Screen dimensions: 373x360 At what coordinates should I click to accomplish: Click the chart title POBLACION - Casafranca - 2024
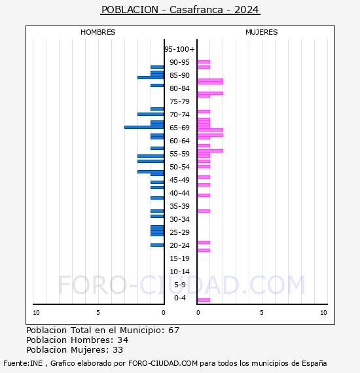[180, 10]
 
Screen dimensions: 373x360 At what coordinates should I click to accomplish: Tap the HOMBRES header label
[98, 32]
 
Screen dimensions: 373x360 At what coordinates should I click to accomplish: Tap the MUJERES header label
[261, 32]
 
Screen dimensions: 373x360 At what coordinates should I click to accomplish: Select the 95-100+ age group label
[179, 49]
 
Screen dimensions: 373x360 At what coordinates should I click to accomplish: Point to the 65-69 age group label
[179, 128]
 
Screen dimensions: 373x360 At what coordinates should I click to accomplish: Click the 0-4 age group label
[180, 298]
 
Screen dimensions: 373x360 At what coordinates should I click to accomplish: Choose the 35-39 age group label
[179, 206]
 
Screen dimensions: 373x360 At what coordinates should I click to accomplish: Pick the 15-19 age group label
[179, 258]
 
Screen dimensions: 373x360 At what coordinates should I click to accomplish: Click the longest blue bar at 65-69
[144, 127]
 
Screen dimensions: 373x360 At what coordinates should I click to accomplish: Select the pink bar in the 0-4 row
[204, 300]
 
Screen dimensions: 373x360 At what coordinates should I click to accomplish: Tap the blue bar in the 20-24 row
[157, 245]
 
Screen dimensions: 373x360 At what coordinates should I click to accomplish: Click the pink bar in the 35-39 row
[204, 211]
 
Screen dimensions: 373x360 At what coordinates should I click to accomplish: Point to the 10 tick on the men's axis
[36, 313]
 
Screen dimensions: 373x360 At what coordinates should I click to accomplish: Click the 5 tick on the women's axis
[261, 313]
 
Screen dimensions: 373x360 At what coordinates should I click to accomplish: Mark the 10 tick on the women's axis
[323, 313]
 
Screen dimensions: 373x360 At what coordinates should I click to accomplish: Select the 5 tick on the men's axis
[98, 313]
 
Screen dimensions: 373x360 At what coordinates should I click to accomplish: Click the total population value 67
[173, 330]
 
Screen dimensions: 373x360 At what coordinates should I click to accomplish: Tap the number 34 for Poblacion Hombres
[122, 340]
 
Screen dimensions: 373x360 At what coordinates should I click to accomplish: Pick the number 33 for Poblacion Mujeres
[118, 350]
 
